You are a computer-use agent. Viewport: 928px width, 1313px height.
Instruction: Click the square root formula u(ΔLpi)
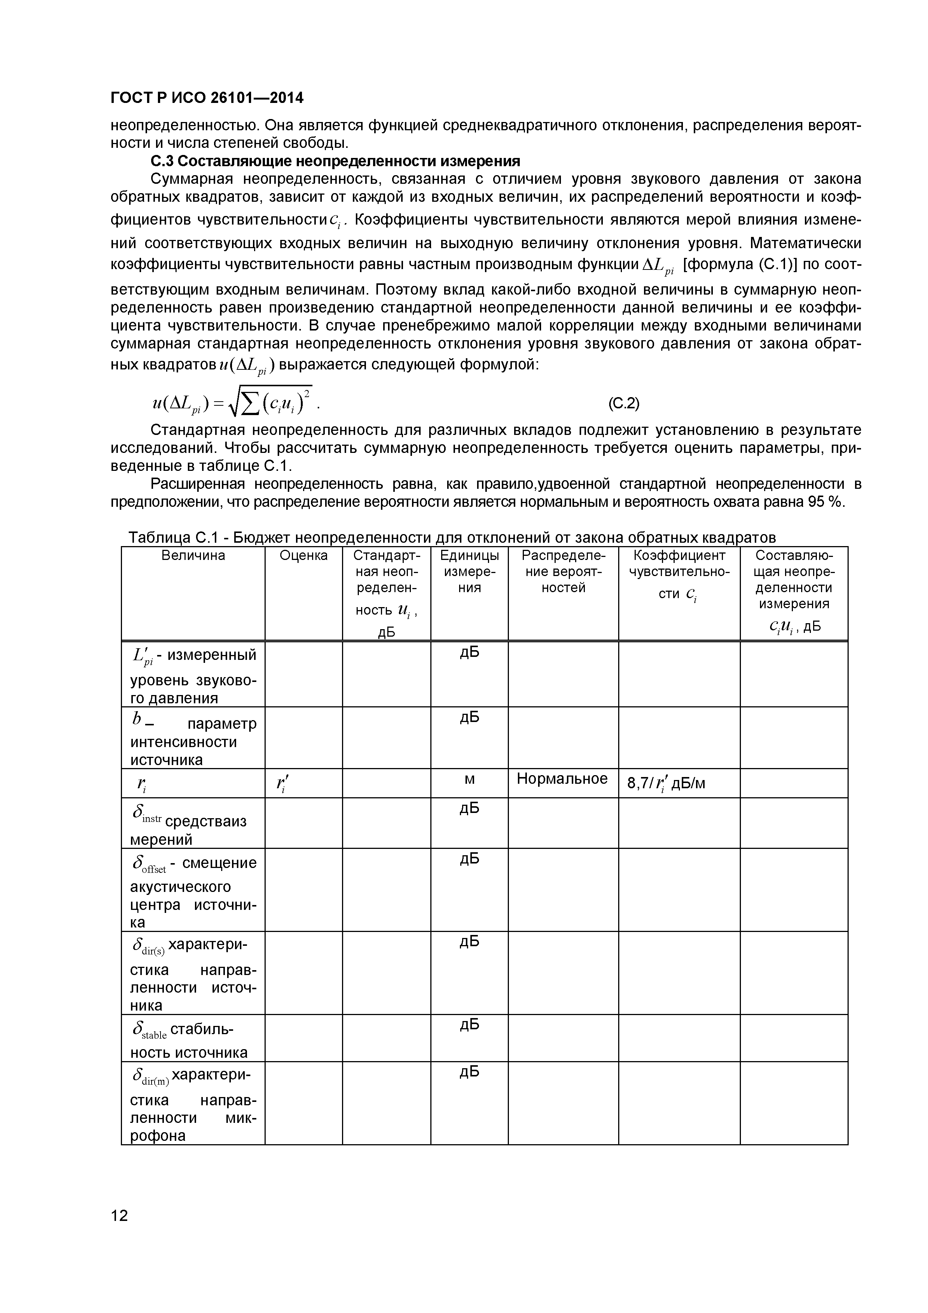click(232, 402)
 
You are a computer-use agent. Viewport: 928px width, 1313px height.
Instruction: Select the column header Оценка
click(303, 555)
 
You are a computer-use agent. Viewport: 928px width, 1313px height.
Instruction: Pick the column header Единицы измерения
click(470, 571)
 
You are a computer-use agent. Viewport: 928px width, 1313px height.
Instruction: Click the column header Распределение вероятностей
click(563, 571)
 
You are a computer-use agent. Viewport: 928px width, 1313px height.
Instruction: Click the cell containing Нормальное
click(562, 779)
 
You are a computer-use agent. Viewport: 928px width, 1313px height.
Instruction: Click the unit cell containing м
click(470, 779)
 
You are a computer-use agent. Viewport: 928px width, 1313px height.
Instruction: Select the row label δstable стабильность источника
click(193, 1040)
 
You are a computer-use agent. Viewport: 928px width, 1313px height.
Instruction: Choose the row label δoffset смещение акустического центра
click(193, 891)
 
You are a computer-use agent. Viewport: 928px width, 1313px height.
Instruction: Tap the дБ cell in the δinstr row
click(470, 808)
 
